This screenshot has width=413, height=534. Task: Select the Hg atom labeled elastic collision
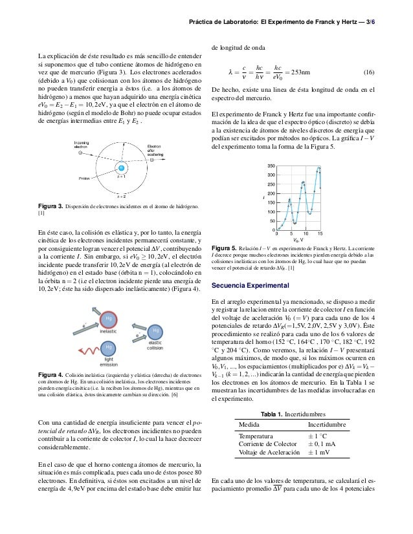click(x=155, y=331)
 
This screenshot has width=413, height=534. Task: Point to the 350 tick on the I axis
click(x=271, y=166)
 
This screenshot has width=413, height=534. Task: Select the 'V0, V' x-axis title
click(x=298, y=240)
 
